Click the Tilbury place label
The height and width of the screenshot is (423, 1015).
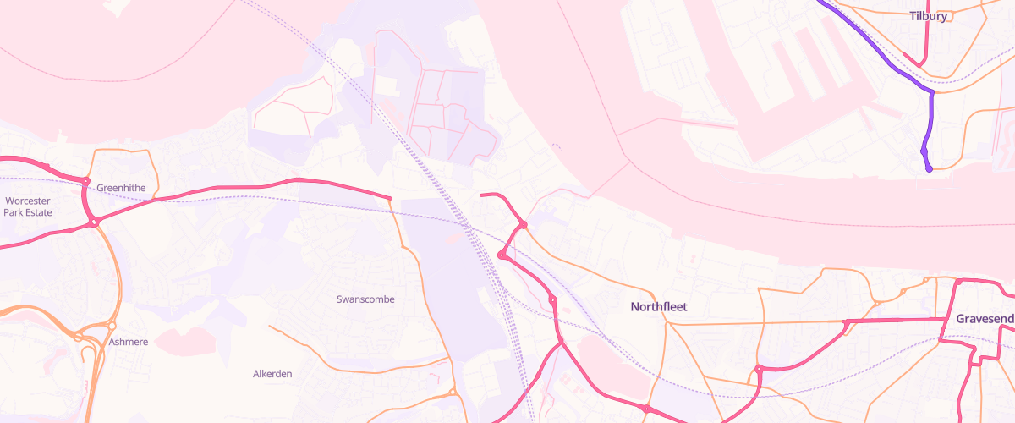point(929,15)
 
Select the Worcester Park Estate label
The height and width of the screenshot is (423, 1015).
point(27,206)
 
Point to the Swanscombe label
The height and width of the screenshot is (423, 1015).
point(365,299)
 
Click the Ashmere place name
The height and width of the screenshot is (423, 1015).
point(129,342)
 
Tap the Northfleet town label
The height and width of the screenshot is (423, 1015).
point(659,306)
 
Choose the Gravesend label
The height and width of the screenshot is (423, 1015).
point(985,319)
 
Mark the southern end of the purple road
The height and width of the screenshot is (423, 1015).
point(929,168)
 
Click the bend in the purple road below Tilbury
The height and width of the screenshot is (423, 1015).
point(931,91)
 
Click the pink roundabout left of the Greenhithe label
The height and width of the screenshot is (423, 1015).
point(86,181)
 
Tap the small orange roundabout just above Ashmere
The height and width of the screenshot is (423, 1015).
point(111,326)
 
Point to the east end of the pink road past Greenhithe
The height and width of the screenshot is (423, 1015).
point(390,198)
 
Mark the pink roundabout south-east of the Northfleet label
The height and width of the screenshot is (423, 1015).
point(759,369)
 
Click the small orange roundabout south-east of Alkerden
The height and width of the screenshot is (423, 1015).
point(453,392)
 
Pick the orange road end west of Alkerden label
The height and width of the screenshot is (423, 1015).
point(270,326)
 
